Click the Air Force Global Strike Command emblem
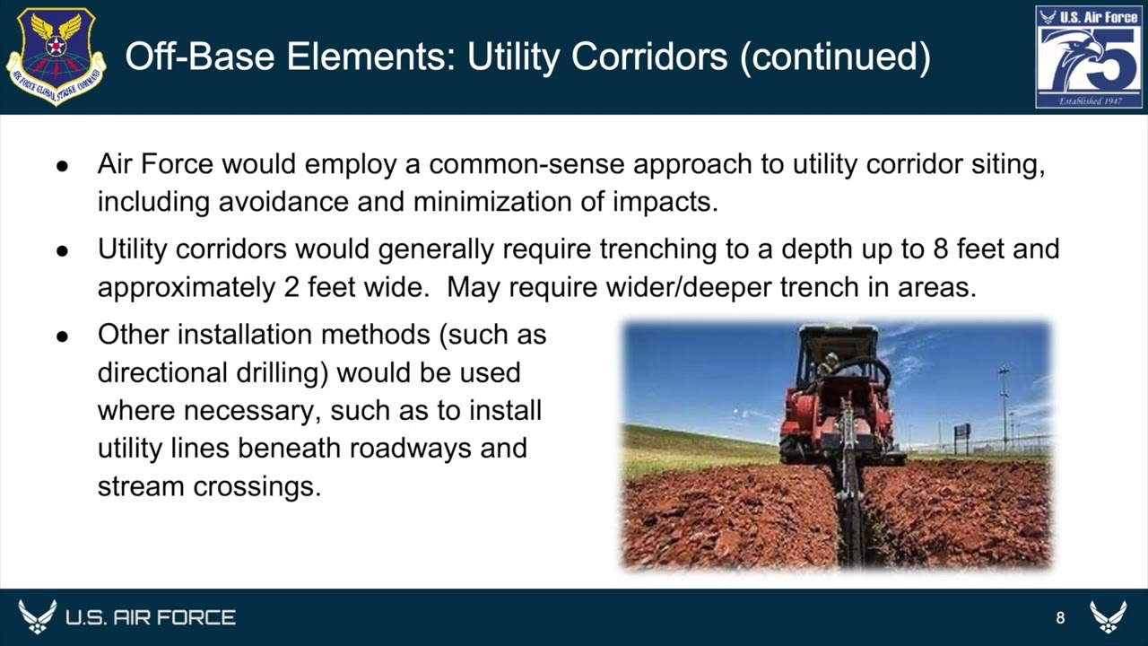56,57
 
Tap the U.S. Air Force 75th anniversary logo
1089,57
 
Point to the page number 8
1060,617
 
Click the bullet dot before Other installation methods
62,336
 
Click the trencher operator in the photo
831,362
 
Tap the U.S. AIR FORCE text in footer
150,617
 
